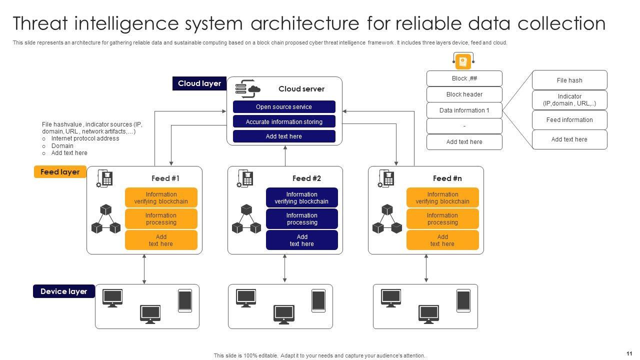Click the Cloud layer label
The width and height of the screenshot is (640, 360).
199,83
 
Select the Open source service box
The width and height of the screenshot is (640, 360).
284,107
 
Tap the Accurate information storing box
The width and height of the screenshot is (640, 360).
284,121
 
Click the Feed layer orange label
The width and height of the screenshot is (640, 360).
60,172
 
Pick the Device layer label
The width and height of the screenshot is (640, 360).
63,291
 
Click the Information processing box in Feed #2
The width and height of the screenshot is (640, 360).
302,219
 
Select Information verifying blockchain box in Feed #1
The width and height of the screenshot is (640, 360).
161,198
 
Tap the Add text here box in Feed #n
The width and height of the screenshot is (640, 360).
442,240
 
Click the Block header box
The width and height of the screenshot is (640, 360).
464,94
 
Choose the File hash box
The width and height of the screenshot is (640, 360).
569,80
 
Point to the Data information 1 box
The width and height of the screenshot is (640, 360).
464,110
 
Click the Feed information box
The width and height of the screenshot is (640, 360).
569,120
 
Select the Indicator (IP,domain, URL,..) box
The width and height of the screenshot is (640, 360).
569,100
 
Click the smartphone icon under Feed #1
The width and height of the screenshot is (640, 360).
185,300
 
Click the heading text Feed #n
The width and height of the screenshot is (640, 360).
447,178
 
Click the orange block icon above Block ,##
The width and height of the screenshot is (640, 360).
463,61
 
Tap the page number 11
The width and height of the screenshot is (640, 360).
629,353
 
